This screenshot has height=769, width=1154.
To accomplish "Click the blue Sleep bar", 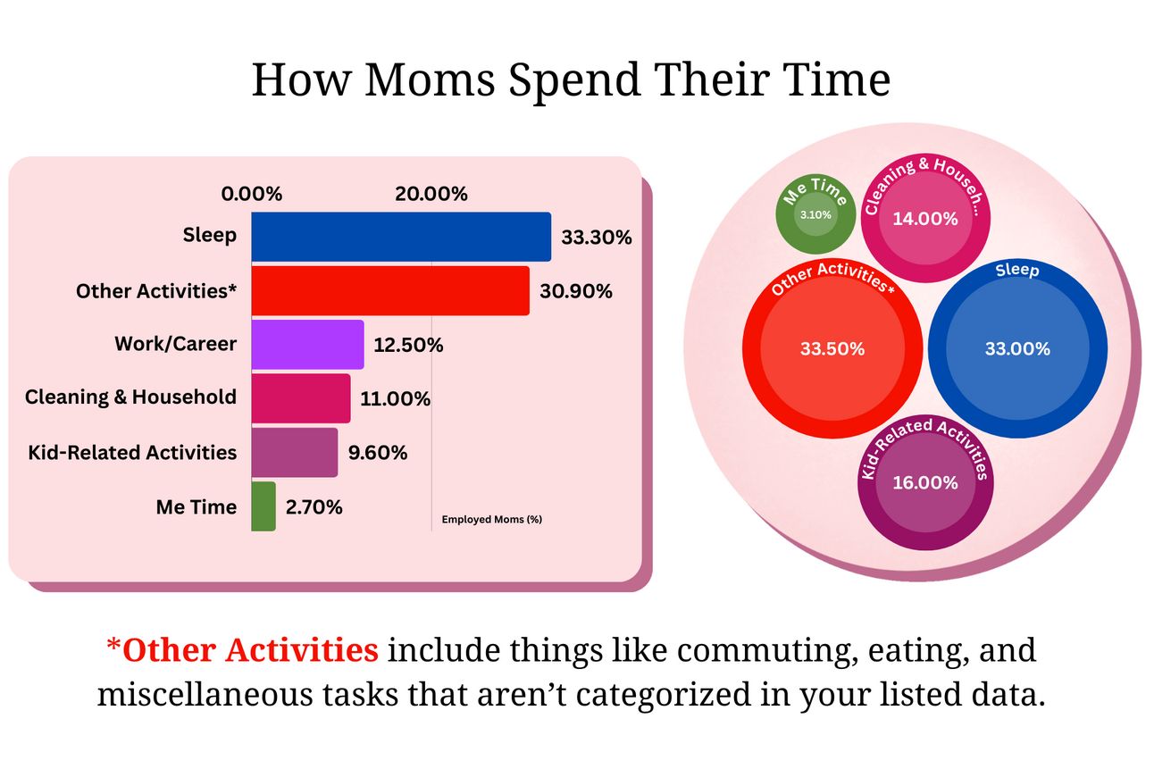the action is (x=401, y=237).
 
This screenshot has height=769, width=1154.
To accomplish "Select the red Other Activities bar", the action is (x=390, y=291).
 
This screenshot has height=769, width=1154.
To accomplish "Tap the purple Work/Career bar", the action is (x=307, y=345).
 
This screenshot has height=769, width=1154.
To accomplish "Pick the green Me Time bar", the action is (x=263, y=506).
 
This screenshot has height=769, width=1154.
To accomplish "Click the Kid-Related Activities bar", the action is (x=295, y=453).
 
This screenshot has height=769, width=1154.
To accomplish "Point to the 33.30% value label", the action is (x=597, y=238).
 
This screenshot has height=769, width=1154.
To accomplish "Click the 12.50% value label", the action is (x=408, y=345).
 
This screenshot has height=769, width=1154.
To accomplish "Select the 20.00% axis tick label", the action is (x=431, y=194).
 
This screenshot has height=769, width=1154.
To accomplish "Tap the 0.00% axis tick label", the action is (x=251, y=194).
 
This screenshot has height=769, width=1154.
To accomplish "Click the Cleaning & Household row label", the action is (x=131, y=397).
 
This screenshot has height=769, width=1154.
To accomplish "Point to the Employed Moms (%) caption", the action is (x=492, y=519).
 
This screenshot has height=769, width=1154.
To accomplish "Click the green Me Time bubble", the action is (x=815, y=213).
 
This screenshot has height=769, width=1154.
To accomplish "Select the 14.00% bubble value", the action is (x=925, y=219).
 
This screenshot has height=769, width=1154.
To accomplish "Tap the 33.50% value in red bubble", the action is (x=832, y=349).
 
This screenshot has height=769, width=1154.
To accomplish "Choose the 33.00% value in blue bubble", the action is (x=1017, y=349).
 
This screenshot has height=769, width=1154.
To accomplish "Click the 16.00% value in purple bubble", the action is (x=925, y=483).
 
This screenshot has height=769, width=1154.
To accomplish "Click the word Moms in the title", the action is (x=431, y=79).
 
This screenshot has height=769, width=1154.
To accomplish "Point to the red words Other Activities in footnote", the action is (x=250, y=650).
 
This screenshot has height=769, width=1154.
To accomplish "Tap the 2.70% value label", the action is (x=314, y=507).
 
